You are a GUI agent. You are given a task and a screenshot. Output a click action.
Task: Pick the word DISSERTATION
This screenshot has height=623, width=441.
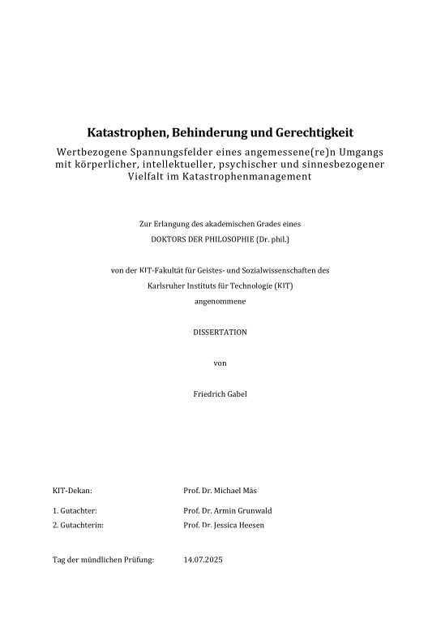(220, 333)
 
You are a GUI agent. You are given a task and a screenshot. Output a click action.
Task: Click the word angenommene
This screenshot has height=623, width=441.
(220, 301)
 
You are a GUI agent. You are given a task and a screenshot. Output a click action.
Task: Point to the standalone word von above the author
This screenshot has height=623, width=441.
(220, 363)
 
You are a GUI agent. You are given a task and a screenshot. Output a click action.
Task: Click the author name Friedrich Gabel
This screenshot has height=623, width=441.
(220, 394)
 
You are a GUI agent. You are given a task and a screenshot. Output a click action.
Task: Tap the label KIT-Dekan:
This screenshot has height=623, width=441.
(72, 491)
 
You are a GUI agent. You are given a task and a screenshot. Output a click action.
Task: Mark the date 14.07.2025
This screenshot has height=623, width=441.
(203, 560)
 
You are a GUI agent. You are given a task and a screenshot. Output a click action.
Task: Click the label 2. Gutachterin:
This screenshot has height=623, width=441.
(78, 526)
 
